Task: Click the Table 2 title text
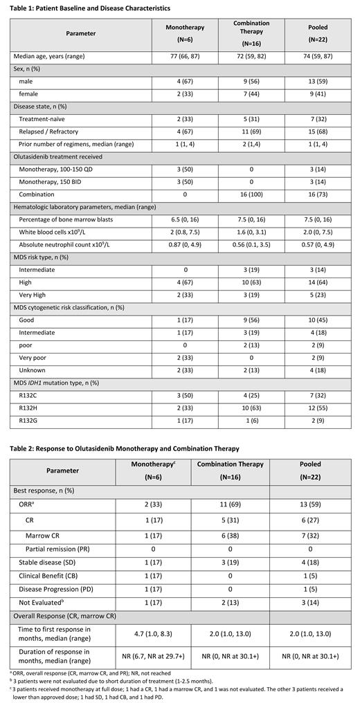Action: tap(124, 448)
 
